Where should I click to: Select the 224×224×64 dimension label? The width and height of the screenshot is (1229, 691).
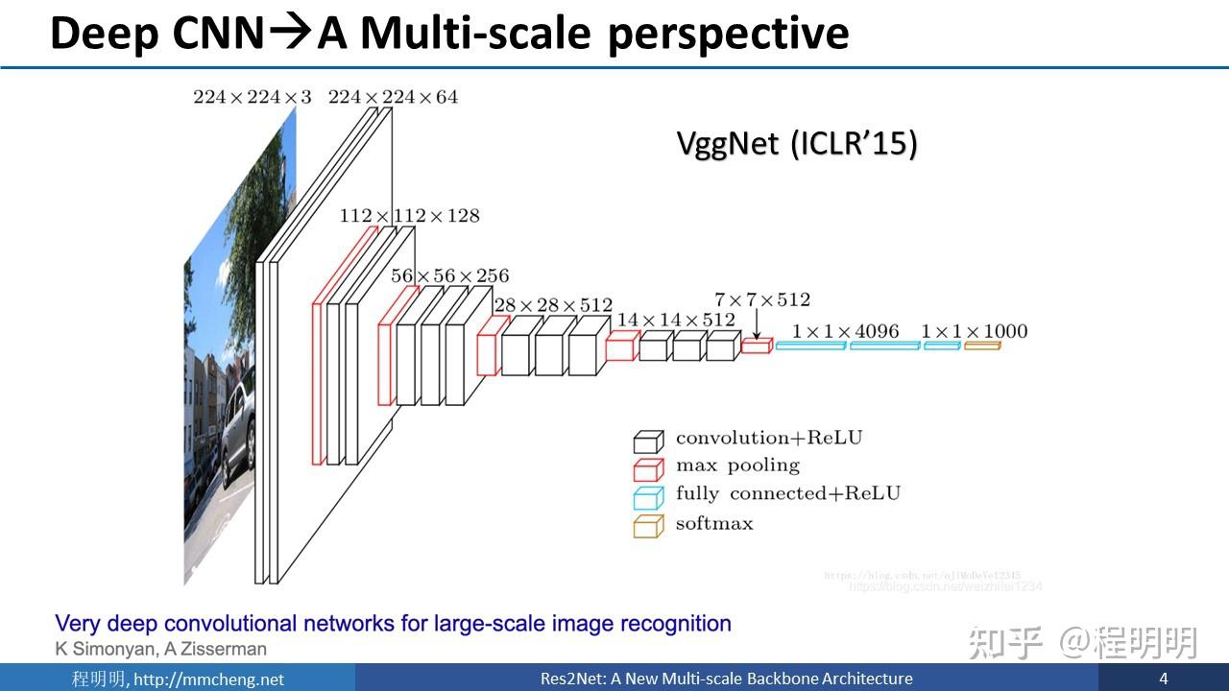click(393, 97)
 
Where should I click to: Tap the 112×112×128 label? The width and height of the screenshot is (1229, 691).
click(409, 216)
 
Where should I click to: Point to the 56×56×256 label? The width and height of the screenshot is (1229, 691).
click(449, 275)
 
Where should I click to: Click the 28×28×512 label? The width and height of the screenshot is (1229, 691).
click(552, 305)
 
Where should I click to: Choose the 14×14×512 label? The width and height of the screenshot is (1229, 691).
click(676, 320)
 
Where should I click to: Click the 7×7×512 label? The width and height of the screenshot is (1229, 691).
click(762, 299)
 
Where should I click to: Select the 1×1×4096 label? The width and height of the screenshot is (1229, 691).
click(846, 331)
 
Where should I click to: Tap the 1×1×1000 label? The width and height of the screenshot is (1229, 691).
click(974, 331)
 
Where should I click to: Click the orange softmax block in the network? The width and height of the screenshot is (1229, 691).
click(982, 345)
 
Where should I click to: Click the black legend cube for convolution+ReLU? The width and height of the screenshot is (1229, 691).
click(648, 441)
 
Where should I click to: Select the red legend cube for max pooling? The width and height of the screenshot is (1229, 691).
click(648, 468)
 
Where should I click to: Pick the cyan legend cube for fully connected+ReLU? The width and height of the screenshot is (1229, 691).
click(648, 497)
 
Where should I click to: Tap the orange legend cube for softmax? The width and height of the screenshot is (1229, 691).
click(648, 526)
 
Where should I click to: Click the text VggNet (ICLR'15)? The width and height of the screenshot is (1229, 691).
click(797, 144)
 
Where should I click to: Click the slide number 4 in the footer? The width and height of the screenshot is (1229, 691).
click(1163, 679)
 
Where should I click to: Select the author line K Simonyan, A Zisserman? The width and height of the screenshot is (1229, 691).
click(161, 650)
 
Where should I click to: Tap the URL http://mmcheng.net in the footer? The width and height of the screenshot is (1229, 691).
click(208, 679)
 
